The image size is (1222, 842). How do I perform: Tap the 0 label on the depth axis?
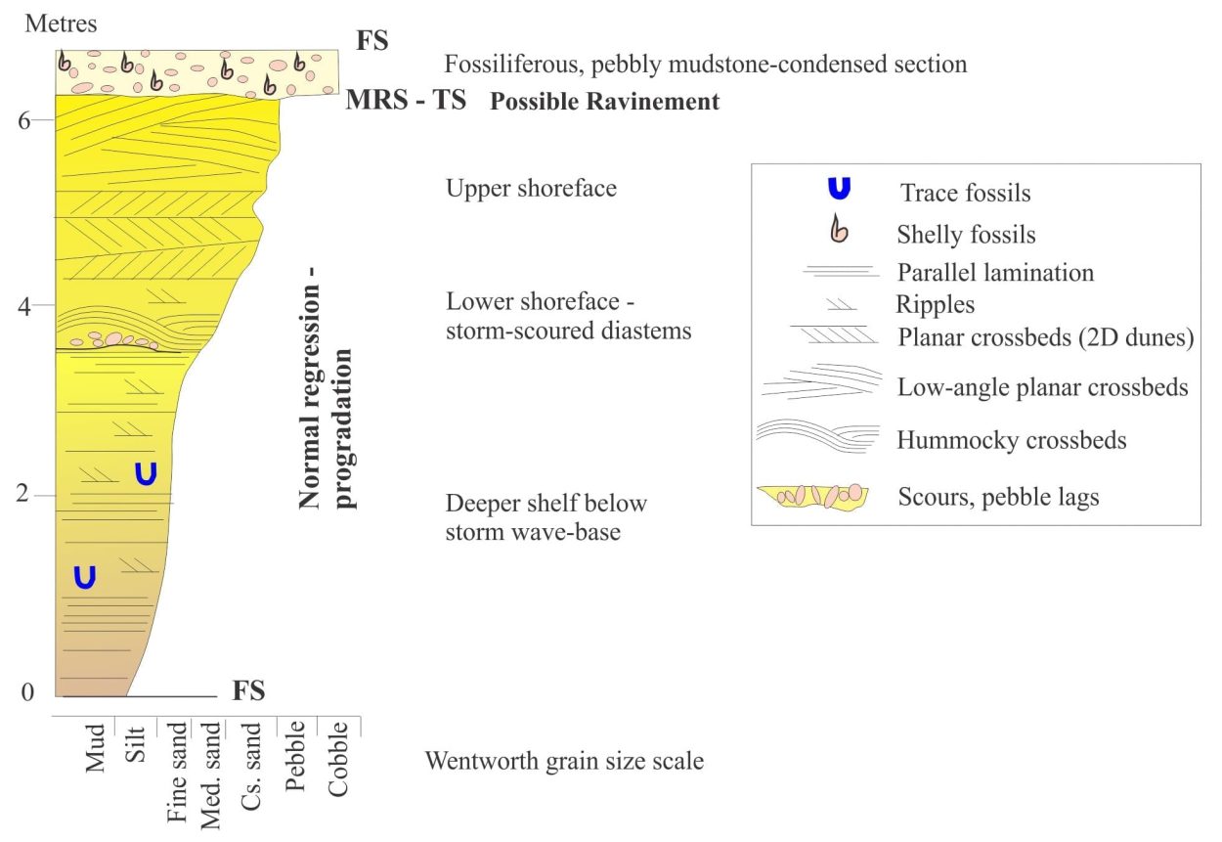[x=27, y=691]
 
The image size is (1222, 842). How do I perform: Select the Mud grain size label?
[x=95, y=748]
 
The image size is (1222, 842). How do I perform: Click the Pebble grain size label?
[x=295, y=756]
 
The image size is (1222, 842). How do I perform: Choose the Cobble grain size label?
[x=337, y=759]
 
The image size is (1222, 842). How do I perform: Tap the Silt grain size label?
[x=135, y=744]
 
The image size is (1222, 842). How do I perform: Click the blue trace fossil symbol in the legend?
[x=839, y=189]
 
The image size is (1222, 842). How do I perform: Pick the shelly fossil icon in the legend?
[x=839, y=229]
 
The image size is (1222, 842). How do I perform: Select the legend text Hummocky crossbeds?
[x=1012, y=440]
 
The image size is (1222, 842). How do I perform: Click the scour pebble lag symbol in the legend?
[x=812, y=497]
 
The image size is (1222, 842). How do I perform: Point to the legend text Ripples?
[x=935, y=305]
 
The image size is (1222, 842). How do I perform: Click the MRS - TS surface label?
[x=406, y=100]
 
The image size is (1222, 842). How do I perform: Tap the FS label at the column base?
[x=248, y=690]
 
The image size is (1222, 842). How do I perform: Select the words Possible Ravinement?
[x=604, y=102]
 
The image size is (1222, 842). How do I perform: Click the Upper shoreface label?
[x=532, y=189]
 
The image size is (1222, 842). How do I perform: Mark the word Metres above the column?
[x=61, y=23]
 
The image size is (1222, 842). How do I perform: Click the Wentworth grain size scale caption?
[x=565, y=761]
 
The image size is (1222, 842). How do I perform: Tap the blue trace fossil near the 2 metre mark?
[x=146, y=473]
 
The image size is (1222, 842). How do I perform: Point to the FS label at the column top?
[x=372, y=40]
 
